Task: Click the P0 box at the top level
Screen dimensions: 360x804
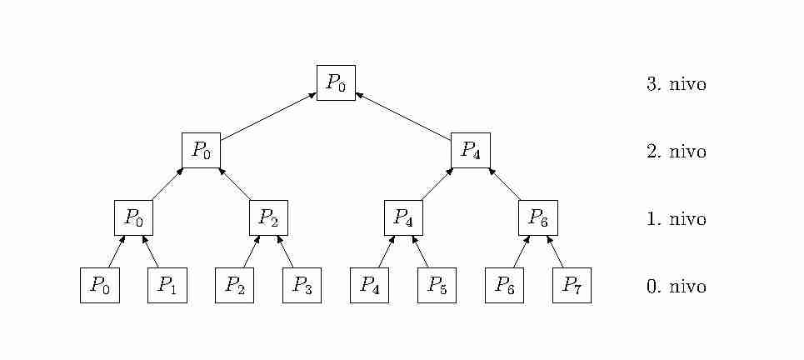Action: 336,82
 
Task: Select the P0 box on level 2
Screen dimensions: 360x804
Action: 201,150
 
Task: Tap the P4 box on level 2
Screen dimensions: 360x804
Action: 471,150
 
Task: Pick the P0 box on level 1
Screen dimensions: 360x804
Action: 133,217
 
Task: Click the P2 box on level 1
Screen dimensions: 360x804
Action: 268,217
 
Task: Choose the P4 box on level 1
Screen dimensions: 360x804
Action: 403,217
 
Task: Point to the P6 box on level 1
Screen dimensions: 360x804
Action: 538,217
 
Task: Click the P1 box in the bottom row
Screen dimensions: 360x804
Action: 167,285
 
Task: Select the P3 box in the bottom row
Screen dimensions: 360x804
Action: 302,285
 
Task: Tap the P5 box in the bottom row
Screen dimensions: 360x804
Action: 437,285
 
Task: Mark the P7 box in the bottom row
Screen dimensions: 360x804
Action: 572,285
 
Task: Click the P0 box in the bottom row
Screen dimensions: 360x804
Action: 100,285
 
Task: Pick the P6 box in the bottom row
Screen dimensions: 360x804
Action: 505,285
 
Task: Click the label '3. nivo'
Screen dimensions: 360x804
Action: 677,84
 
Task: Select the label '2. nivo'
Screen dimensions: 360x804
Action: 677,152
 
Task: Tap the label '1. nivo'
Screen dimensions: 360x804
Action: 677,219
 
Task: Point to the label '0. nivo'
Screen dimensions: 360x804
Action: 677,287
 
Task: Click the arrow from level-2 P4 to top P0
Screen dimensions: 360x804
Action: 403,117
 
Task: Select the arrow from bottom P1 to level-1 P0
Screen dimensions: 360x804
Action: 151,252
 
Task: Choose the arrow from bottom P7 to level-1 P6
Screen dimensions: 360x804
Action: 555,252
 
